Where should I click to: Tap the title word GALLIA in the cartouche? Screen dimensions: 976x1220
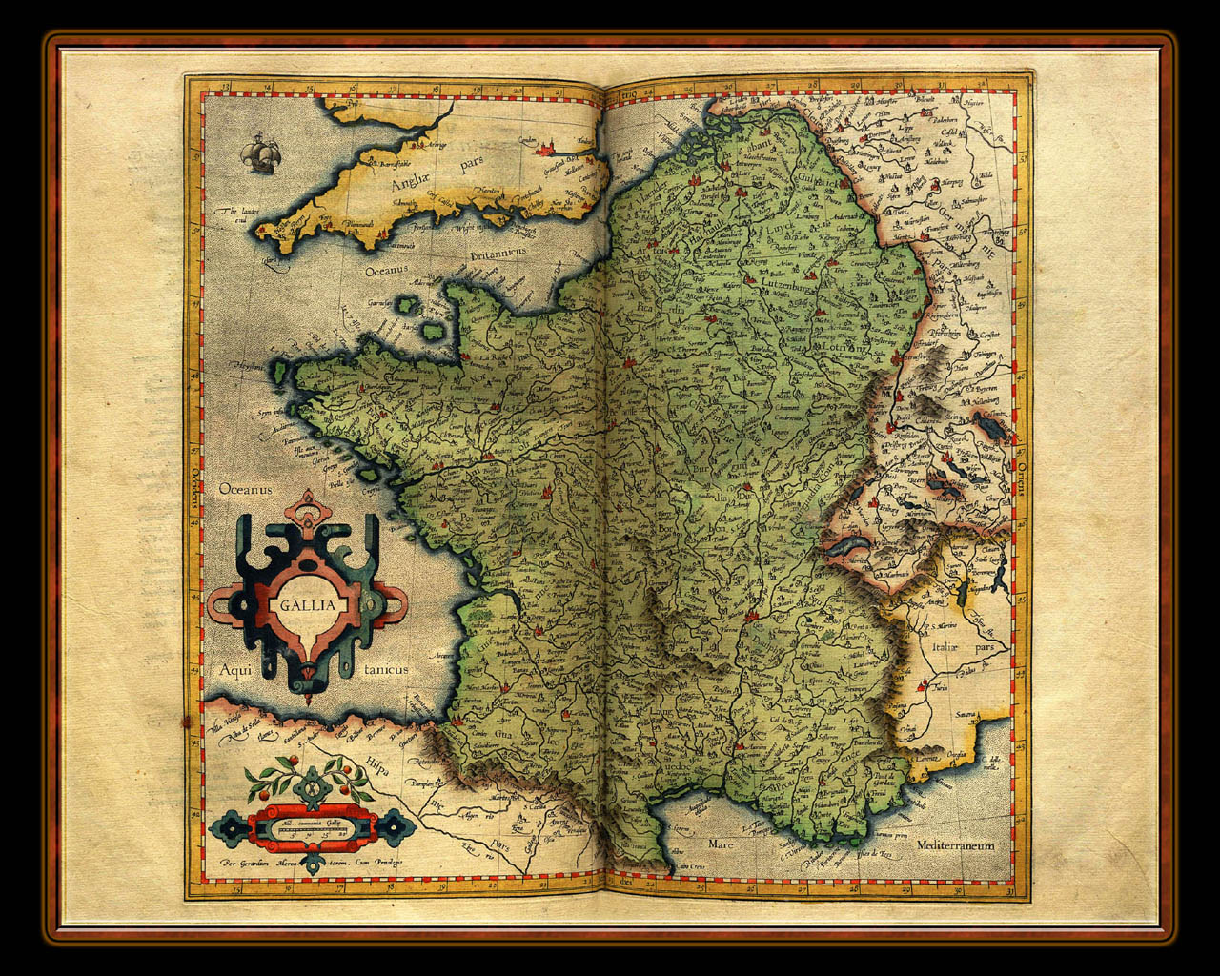click(308, 604)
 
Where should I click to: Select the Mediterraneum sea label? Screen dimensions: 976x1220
click(956, 845)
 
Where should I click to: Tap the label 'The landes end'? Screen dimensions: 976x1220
click(235, 214)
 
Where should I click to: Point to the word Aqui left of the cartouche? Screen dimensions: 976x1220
click(234, 669)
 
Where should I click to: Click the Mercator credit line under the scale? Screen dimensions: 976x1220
click(311, 862)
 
